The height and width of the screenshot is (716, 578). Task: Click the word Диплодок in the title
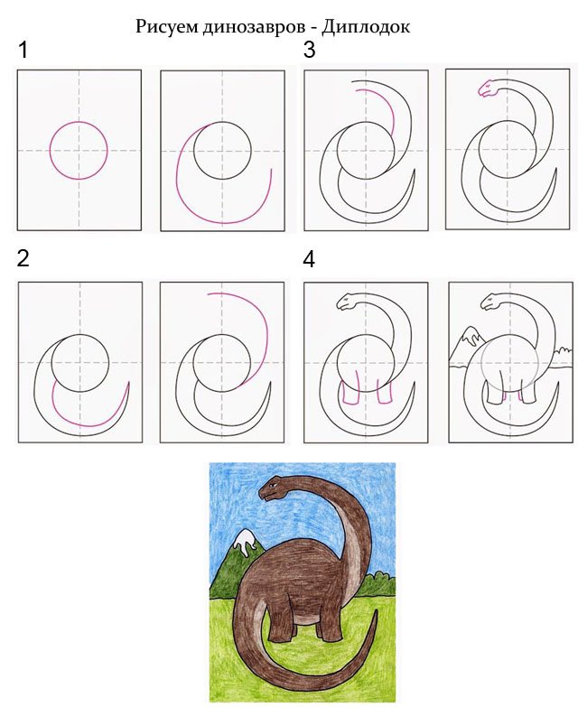pos(366,27)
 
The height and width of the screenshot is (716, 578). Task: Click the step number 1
pos(23,50)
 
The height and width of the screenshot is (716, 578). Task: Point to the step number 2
pos(23,258)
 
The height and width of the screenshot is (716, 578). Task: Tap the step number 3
pos(310,50)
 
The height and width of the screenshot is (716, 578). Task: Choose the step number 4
pos(309,259)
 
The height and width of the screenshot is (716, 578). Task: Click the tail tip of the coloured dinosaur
pos(376,609)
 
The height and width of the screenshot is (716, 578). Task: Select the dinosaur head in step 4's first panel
pos(347,302)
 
